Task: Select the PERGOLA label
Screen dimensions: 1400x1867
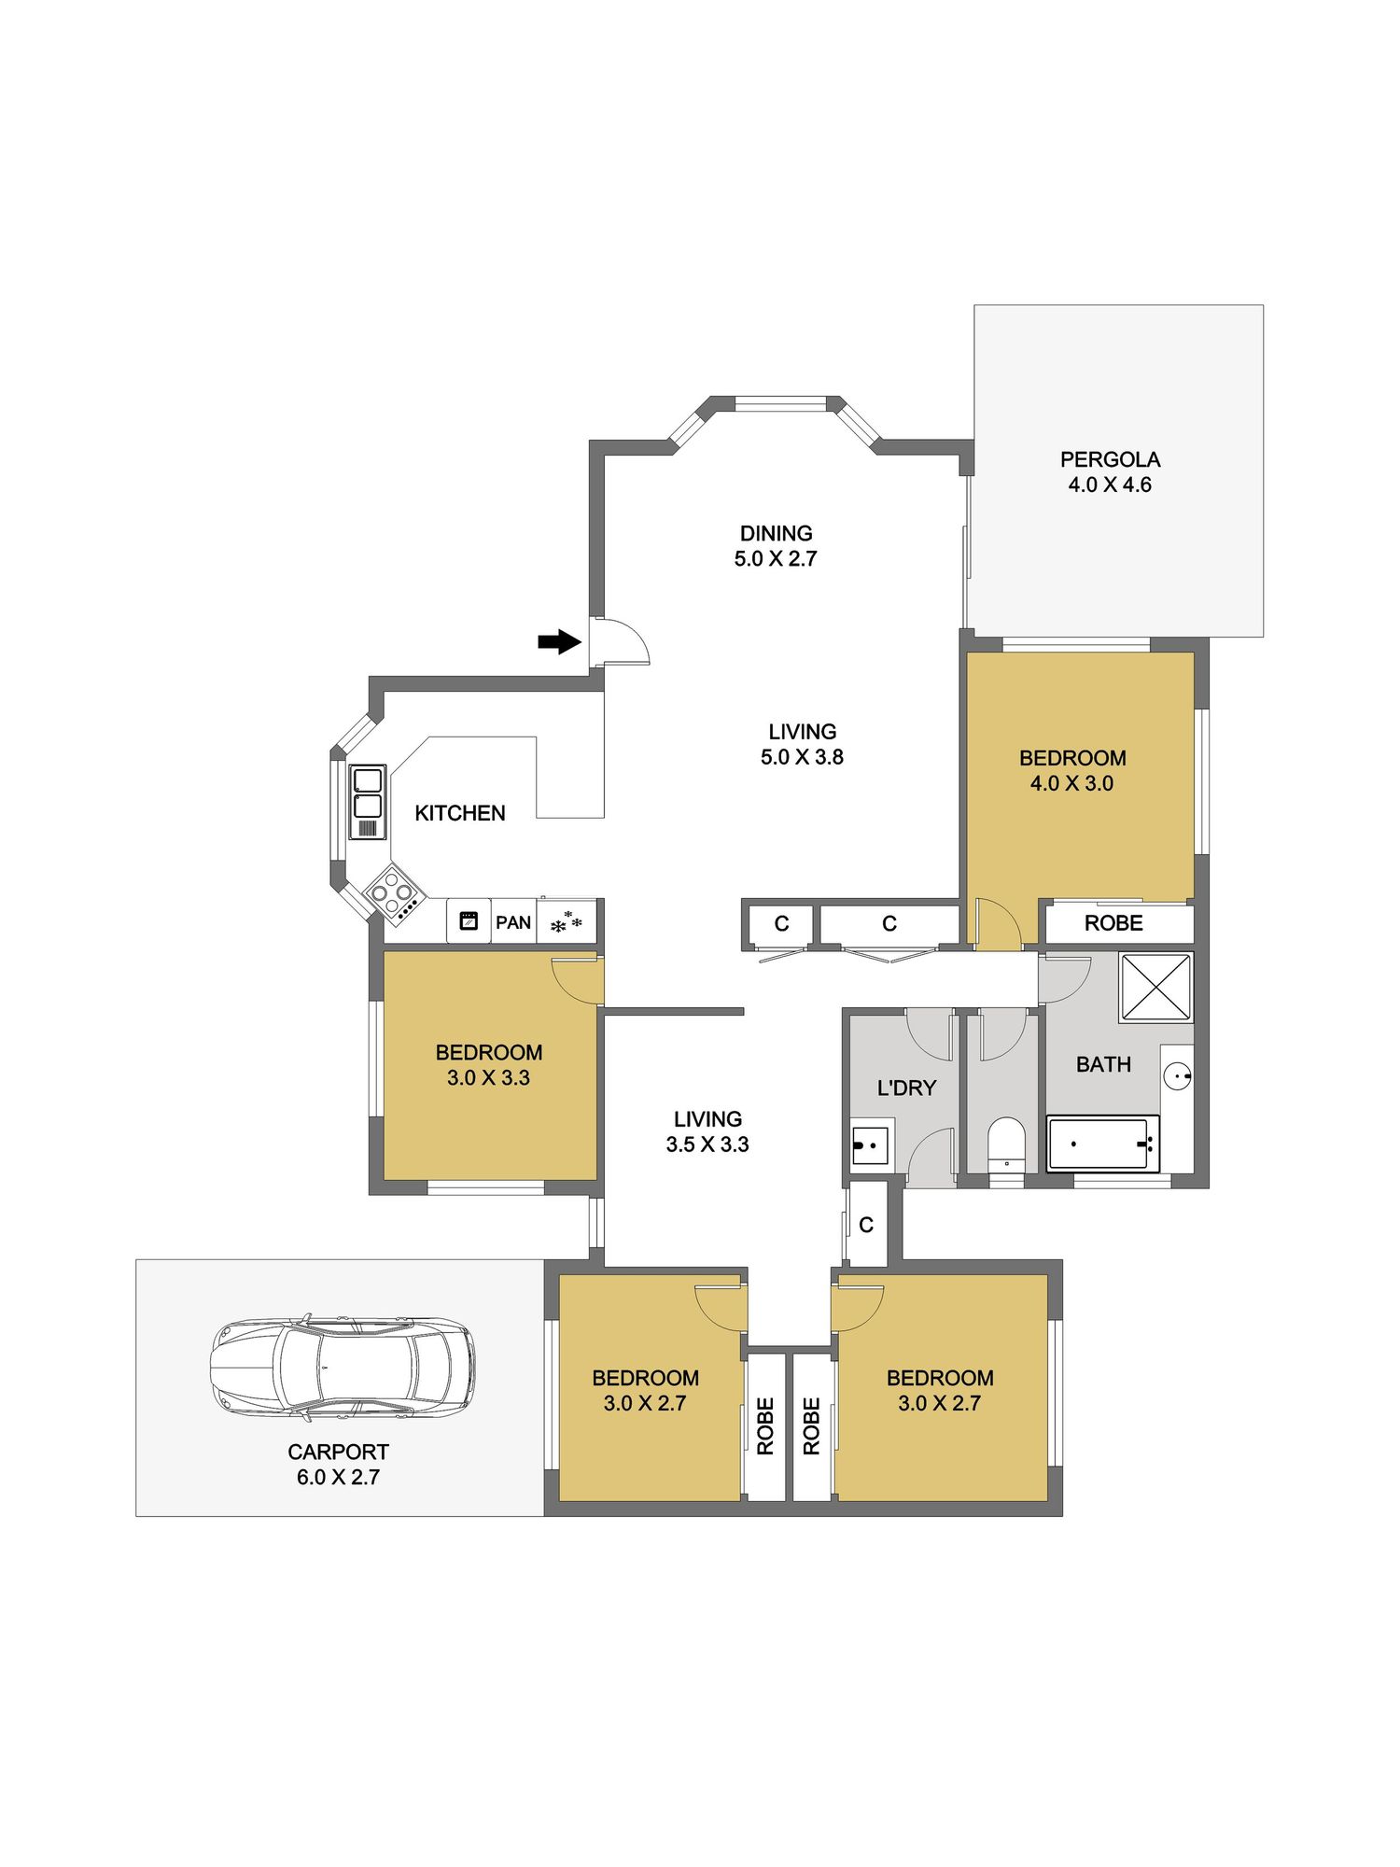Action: coord(1110,459)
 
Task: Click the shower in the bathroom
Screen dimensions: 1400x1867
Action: coord(1155,987)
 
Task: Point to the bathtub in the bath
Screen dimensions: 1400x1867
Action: coord(1103,1144)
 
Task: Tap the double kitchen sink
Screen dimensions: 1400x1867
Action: coord(368,802)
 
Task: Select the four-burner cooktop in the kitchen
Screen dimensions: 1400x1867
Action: coord(393,893)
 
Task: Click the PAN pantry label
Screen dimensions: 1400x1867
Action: coord(513,922)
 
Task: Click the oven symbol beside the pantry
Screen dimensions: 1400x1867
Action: coord(469,920)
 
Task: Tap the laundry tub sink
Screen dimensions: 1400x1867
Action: coord(869,1145)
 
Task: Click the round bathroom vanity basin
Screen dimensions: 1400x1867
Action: coord(1178,1076)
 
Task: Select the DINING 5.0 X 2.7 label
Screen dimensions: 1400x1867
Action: coord(776,546)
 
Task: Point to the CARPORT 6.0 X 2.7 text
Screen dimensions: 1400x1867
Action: coord(338,1465)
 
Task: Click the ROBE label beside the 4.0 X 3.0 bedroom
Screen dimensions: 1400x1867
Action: coord(1113,923)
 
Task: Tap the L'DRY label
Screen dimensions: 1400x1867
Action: coord(906,1088)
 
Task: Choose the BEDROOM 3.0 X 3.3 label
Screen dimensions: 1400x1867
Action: coord(488,1065)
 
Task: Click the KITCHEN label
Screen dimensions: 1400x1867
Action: coord(460,813)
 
